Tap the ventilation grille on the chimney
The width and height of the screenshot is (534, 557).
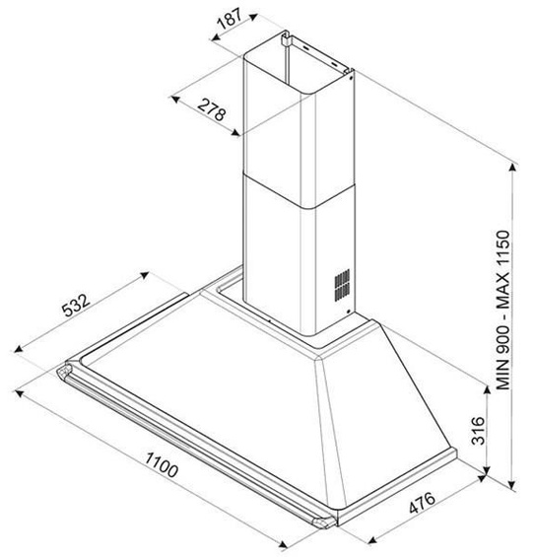click(x=340, y=285)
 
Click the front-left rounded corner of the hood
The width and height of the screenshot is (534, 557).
click(x=67, y=374)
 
